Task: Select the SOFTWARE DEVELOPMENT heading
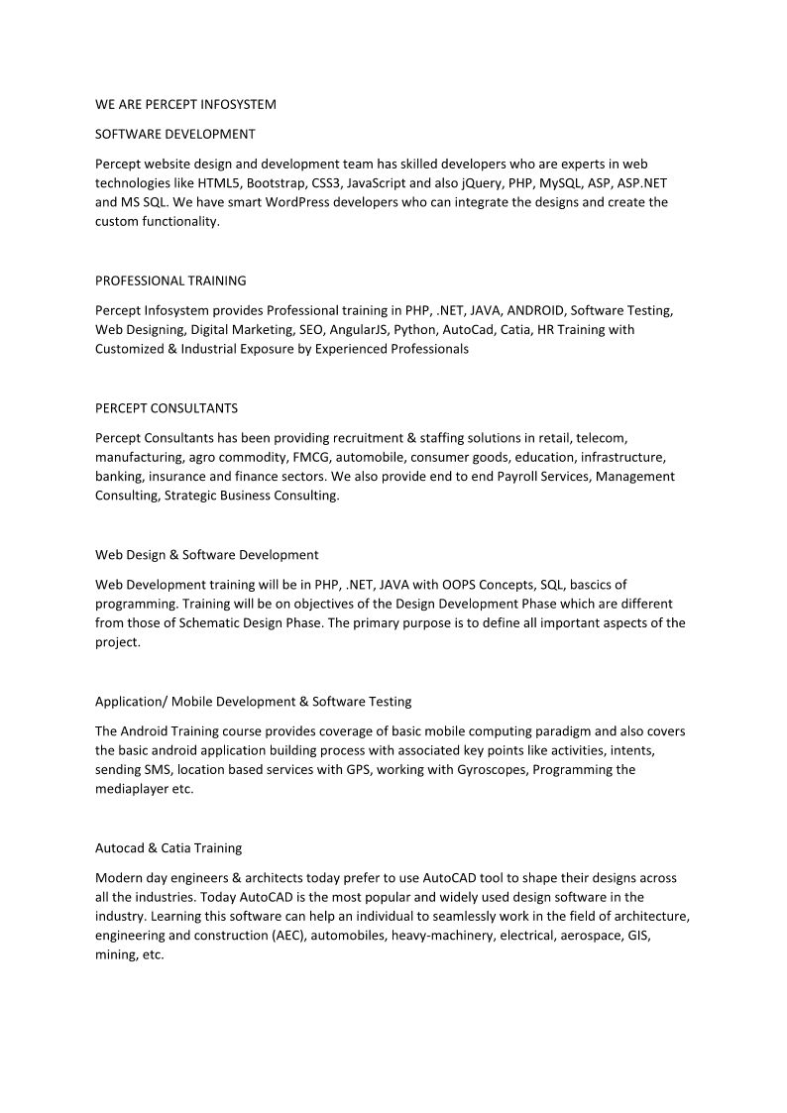pyautogui.click(x=174, y=134)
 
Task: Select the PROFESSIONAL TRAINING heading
pyautogui.click(x=170, y=280)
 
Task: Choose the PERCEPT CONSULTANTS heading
pyautogui.click(x=167, y=407)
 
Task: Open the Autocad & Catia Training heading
pyautogui.click(x=169, y=848)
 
